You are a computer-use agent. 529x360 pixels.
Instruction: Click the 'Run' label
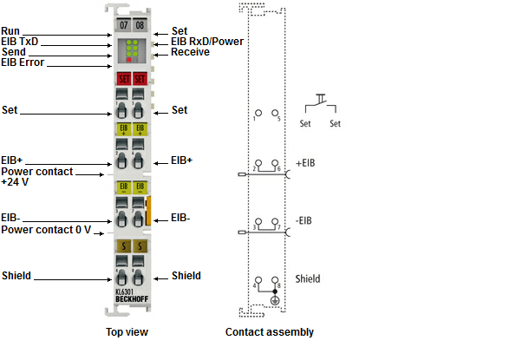tap(10, 30)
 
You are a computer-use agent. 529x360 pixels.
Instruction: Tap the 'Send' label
tap(14, 52)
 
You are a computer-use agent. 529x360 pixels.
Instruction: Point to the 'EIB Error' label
tap(23, 62)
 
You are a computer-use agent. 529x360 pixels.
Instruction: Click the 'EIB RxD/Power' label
tap(207, 41)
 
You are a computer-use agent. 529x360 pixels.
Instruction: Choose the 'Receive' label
tap(190, 52)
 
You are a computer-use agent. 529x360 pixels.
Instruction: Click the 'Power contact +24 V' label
tap(36, 177)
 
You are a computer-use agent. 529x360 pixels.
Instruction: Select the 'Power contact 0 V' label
tap(46, 230)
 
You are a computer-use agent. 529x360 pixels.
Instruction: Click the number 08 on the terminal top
tap(140, 26)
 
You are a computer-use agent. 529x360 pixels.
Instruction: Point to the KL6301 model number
tap(127, 291)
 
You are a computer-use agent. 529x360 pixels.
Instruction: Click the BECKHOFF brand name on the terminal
tap(131, 299)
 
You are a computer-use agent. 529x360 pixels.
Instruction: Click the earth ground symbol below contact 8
tap(276, 300)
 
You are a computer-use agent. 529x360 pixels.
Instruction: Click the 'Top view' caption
tap(127, 332)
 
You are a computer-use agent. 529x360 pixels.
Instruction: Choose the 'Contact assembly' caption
tap(269, 332)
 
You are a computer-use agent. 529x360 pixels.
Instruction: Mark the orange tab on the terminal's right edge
tap(149, 211)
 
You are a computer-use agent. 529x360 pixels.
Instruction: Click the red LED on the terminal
tap(129, 60)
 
